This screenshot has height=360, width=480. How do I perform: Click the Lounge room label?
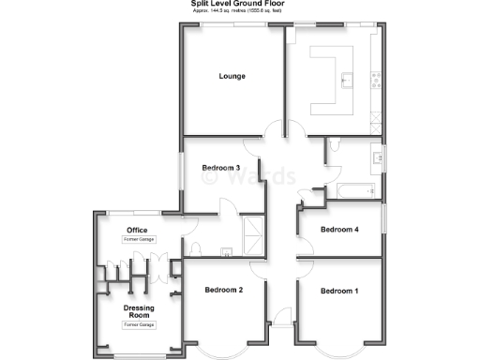[x=232, y=76]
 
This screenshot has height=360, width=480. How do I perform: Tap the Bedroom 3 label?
[x=221, y=169]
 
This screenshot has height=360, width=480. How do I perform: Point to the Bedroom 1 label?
[x=338, y=292]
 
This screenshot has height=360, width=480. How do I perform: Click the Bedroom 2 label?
[x=224, y=291]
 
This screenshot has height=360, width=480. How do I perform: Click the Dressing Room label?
[x=138, y=311]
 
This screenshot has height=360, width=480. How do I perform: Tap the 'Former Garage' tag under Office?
[x=138, y=240]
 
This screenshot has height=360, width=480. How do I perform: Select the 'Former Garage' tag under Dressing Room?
[x=138, y=325]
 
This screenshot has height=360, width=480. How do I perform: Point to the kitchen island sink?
[x=346, y=80]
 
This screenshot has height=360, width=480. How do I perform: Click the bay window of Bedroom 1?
[x=338, y=349]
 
